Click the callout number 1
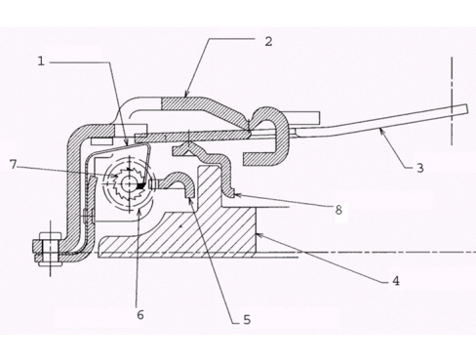pos(41,60)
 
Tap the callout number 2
pos(268,42)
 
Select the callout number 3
pos(420,168)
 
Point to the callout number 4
pos(396,281)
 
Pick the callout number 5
pos(247,320)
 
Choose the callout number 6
pos(140,315)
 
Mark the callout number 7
pos(13,165)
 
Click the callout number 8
pos(338,210)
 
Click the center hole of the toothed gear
pos(128,184)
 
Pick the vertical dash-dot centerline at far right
pos(452,100)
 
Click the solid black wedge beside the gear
pos(141,185)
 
